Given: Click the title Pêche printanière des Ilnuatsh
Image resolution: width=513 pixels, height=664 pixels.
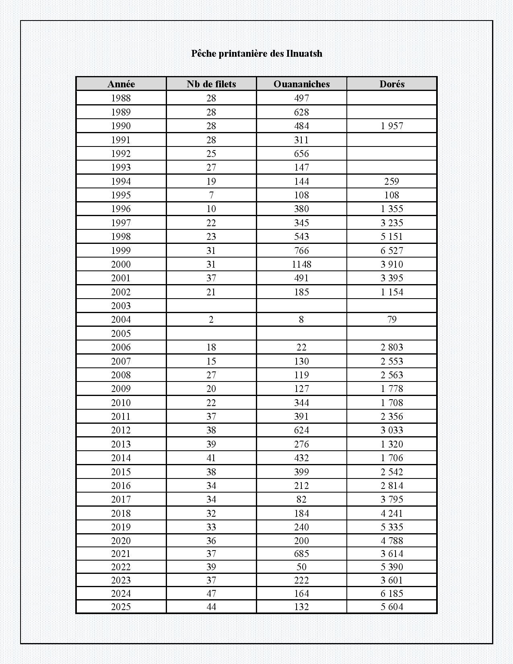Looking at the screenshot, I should (256, 54).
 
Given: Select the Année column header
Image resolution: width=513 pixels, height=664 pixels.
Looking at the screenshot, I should (121, 84).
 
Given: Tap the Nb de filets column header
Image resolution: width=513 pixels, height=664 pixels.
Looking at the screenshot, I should (211, 84).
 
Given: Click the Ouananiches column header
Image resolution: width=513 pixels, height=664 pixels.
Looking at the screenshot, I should (301, 84).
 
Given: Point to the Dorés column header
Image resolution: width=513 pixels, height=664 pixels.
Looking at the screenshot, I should (391, 84).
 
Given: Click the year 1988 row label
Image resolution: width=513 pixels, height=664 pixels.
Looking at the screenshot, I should (121, 98).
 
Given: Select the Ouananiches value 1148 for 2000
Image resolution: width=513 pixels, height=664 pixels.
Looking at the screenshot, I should (301, 264).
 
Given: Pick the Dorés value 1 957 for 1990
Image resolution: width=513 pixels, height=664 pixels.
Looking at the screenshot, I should (391, 126).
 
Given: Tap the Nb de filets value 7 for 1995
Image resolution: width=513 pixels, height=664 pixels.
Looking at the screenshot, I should (211, 195).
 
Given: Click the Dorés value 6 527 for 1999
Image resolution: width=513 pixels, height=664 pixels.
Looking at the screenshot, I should (391, 250).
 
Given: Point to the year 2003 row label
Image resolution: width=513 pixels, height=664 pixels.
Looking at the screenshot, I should (121, 306).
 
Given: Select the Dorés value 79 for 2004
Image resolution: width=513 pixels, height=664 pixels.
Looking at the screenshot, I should (391, 320).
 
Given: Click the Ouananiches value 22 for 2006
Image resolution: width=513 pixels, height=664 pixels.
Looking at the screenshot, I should (301, 347).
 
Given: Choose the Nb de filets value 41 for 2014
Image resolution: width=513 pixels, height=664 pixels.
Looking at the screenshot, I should (211, 458).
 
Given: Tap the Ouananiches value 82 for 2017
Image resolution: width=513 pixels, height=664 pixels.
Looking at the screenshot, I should (301, 499).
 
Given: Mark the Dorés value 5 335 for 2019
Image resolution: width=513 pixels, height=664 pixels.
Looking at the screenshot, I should (391, 527).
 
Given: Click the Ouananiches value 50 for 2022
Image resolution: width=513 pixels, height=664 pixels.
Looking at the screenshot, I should (301, 567).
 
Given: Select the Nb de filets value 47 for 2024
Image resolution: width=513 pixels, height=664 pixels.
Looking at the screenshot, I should (211, 594).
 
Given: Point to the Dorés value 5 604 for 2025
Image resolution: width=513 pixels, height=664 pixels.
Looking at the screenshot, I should (391, 607).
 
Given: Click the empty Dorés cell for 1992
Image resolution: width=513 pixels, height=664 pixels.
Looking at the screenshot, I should (391, 154).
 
